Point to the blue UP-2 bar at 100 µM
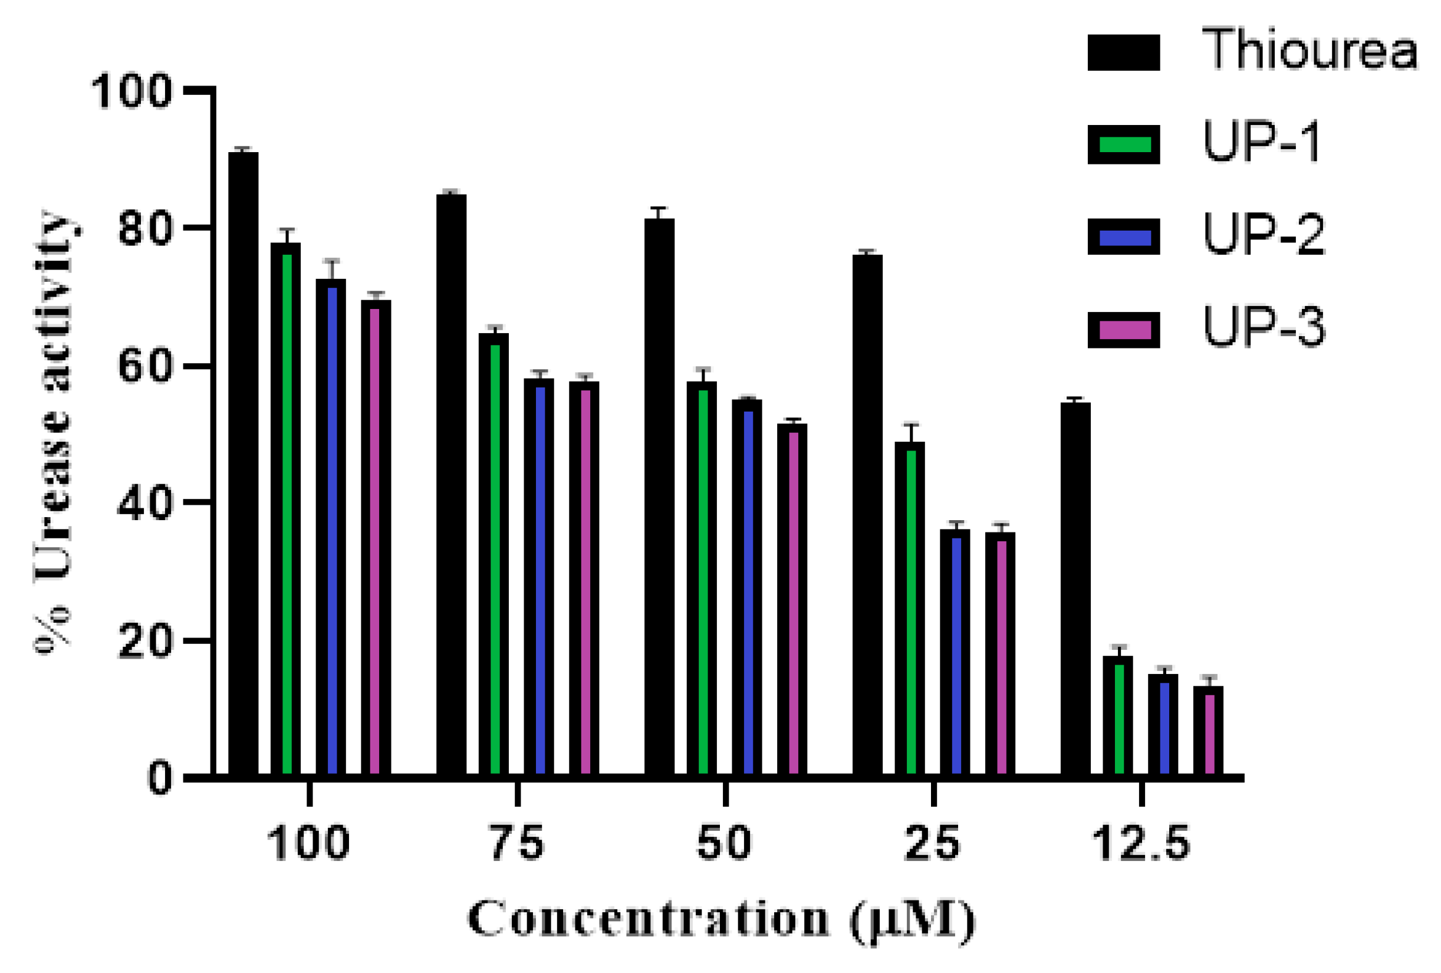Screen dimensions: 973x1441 331,527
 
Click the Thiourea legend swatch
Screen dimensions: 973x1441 1124,52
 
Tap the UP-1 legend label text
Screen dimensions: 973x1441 1262,143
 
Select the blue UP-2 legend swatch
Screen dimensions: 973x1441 1124,237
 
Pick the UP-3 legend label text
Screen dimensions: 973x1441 1264,327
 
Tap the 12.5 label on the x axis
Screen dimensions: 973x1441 1141,844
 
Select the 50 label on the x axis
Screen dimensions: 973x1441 724,844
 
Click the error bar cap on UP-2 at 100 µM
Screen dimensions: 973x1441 332,261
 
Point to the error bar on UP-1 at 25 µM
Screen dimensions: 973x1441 910,433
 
